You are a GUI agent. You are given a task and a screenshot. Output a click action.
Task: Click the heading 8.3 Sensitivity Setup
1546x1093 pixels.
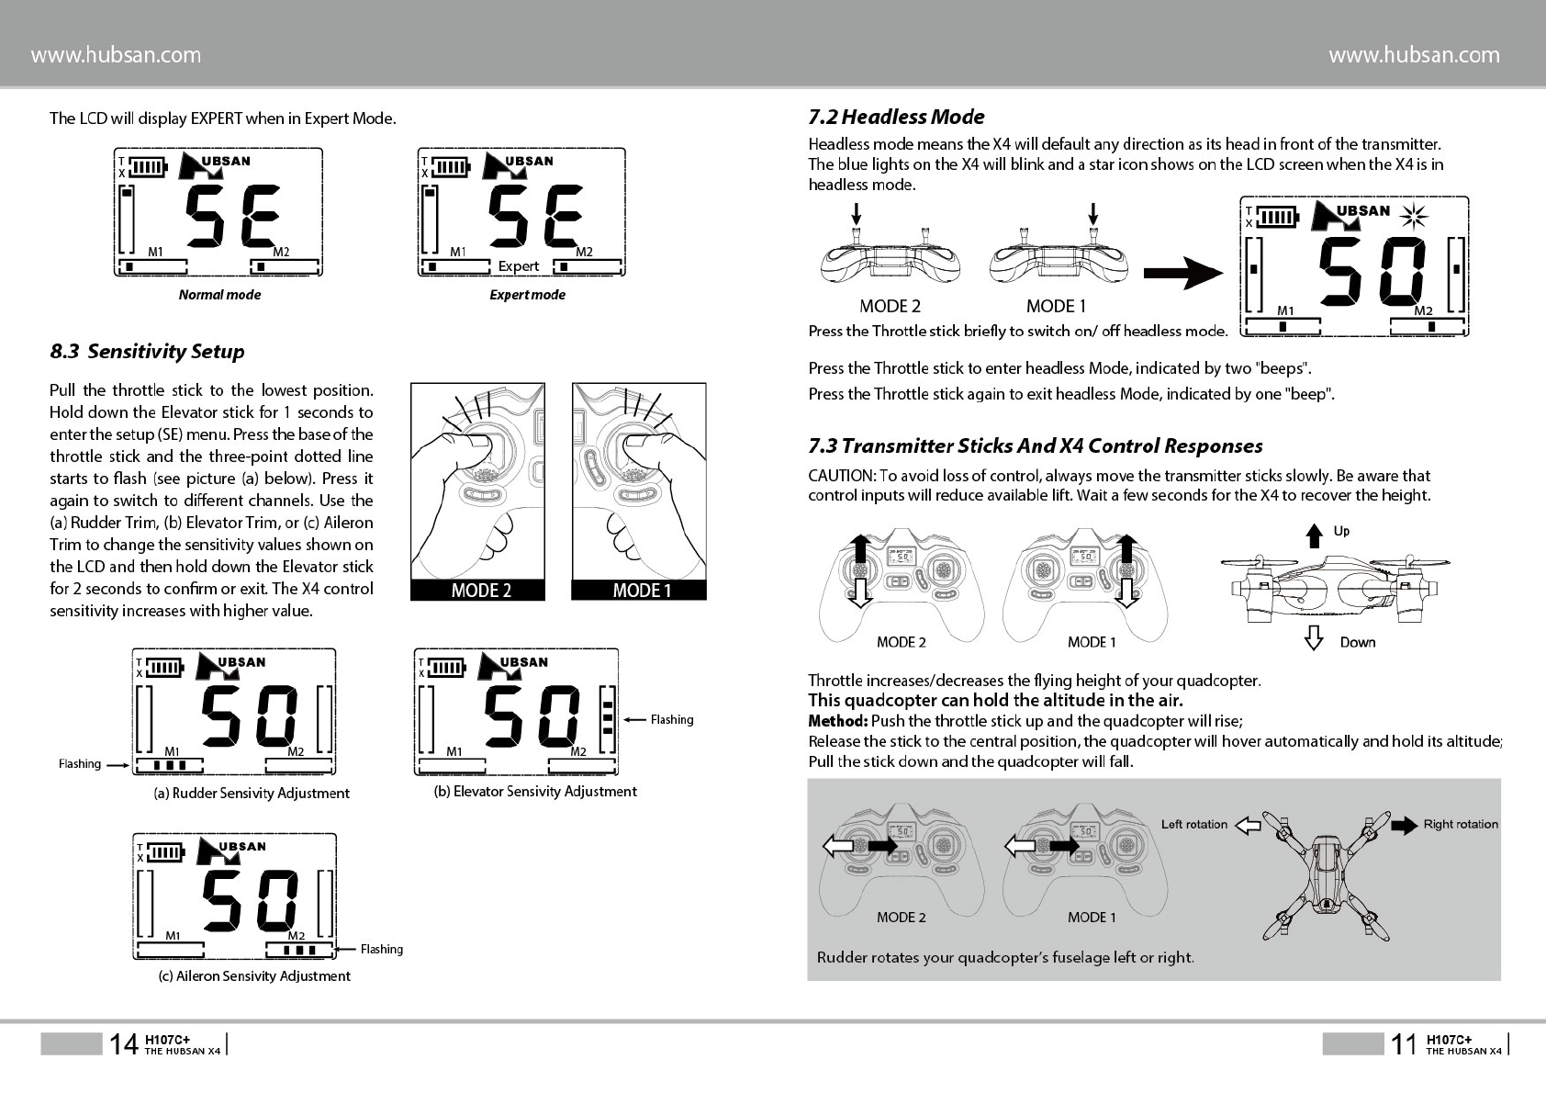tap(147, 351)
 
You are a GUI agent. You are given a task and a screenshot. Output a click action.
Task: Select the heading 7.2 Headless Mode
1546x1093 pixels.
tap(896, 117)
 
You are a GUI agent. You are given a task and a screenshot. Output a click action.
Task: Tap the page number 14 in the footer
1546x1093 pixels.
tap(123, 1043)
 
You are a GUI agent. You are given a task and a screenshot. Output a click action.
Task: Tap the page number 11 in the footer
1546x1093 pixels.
tap(1404, 1043)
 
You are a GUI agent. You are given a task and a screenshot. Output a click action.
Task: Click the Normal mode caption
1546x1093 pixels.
tap(219, 295)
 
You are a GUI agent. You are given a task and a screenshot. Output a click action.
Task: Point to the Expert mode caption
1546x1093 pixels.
tap(527, 295)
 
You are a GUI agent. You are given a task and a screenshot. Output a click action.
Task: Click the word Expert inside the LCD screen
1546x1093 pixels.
tap(519, 266)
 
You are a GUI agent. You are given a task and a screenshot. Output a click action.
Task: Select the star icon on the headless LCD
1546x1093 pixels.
tap(1415, 216)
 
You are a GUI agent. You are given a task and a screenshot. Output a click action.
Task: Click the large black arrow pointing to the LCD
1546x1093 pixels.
tap(1183, 273)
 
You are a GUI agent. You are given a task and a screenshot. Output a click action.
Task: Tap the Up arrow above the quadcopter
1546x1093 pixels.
tap(1315, 534)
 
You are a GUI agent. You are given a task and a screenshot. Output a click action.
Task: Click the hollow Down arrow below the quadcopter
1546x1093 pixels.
tap(1315, 638)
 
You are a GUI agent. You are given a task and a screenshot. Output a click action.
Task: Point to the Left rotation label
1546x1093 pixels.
tap(1193, 824)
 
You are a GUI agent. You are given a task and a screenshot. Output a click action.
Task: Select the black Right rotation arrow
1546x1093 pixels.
tap(1405, 824)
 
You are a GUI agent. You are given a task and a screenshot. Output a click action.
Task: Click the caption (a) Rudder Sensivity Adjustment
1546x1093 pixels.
tap(252, 793)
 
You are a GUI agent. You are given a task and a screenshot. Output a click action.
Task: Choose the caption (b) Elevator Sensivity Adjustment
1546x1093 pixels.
tap(534, 791)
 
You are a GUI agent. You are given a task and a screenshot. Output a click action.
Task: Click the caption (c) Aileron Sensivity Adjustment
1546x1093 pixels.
tap(254, 975)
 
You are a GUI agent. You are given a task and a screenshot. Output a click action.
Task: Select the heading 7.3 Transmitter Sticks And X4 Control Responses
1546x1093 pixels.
tap(1035, 445)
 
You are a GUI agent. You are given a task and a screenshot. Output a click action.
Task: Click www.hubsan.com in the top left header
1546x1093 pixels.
tap(116, 55)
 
